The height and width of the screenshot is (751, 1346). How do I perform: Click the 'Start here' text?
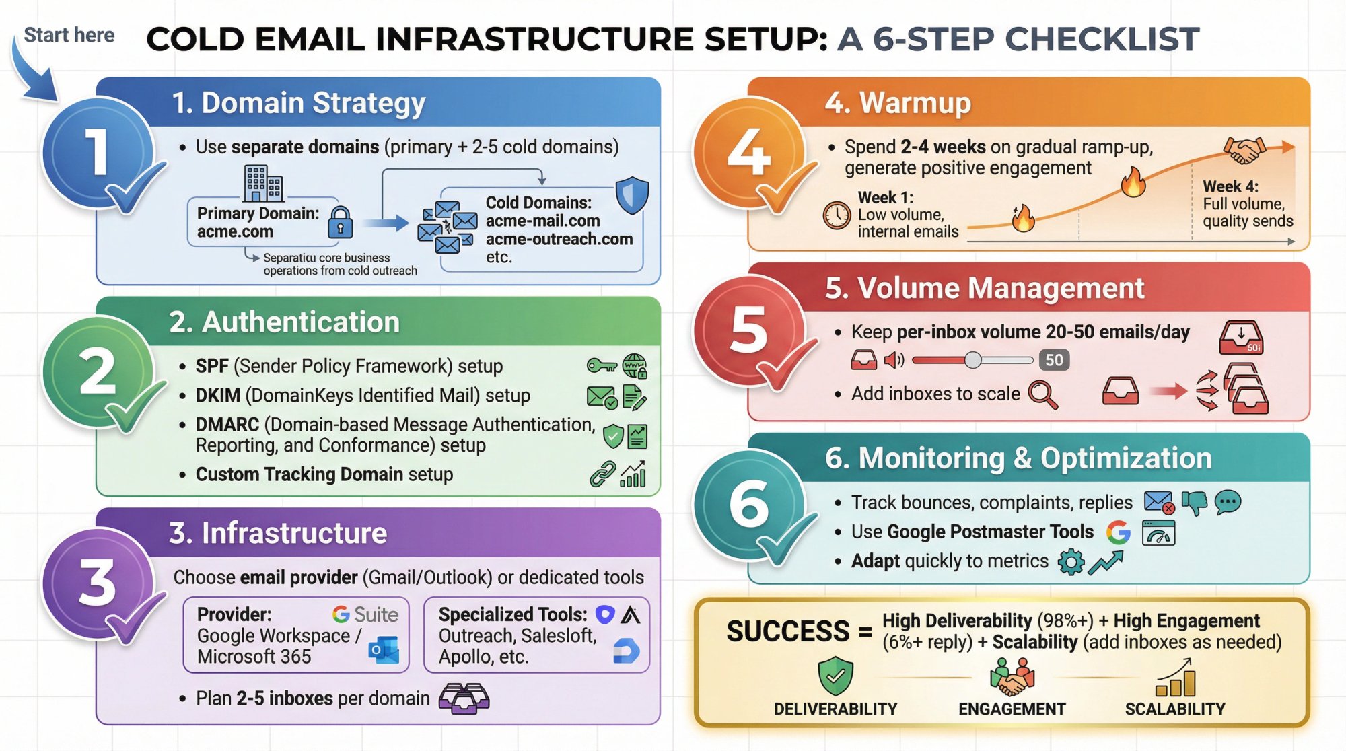point(69,35)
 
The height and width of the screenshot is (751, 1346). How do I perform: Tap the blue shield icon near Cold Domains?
point(632,195)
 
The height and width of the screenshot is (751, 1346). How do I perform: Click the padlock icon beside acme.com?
point(341,223)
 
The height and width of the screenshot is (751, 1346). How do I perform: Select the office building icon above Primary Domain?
point(262,183)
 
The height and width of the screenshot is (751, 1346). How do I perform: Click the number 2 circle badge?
point(98,371)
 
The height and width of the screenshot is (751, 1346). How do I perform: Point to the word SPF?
point(212,366)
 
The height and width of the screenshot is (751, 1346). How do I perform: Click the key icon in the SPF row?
point(601,365)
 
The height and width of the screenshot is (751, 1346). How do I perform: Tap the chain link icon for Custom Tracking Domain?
point(602,474)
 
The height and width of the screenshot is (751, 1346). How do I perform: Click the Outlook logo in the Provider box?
point(384,650)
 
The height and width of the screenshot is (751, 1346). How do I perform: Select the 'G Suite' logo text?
point(365,614)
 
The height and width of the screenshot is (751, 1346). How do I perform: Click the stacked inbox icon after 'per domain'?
point(464,699)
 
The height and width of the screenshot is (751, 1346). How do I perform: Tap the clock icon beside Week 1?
point(837,215)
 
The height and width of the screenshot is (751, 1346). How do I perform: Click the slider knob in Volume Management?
point(972,360)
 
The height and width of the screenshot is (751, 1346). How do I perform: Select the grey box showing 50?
point(1054,360)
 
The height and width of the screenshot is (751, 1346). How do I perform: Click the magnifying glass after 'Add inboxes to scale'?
point(1043,394)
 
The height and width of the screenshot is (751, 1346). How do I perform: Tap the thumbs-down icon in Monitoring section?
point(1195,503)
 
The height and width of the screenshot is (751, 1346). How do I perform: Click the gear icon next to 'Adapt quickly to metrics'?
point(1070,561)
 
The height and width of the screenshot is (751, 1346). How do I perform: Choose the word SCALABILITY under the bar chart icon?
point(1175,709)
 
